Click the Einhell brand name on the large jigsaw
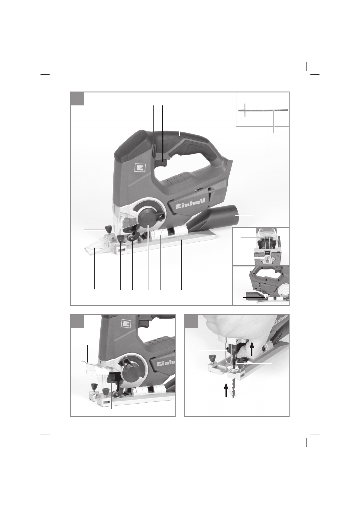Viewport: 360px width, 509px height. click(191, 200)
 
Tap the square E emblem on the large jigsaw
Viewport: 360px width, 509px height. click(139, 168)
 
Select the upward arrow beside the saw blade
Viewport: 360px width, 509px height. click(226, 390)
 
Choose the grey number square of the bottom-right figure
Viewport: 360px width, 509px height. click(191, 321)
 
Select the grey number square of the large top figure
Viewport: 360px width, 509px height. click(77, 98)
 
